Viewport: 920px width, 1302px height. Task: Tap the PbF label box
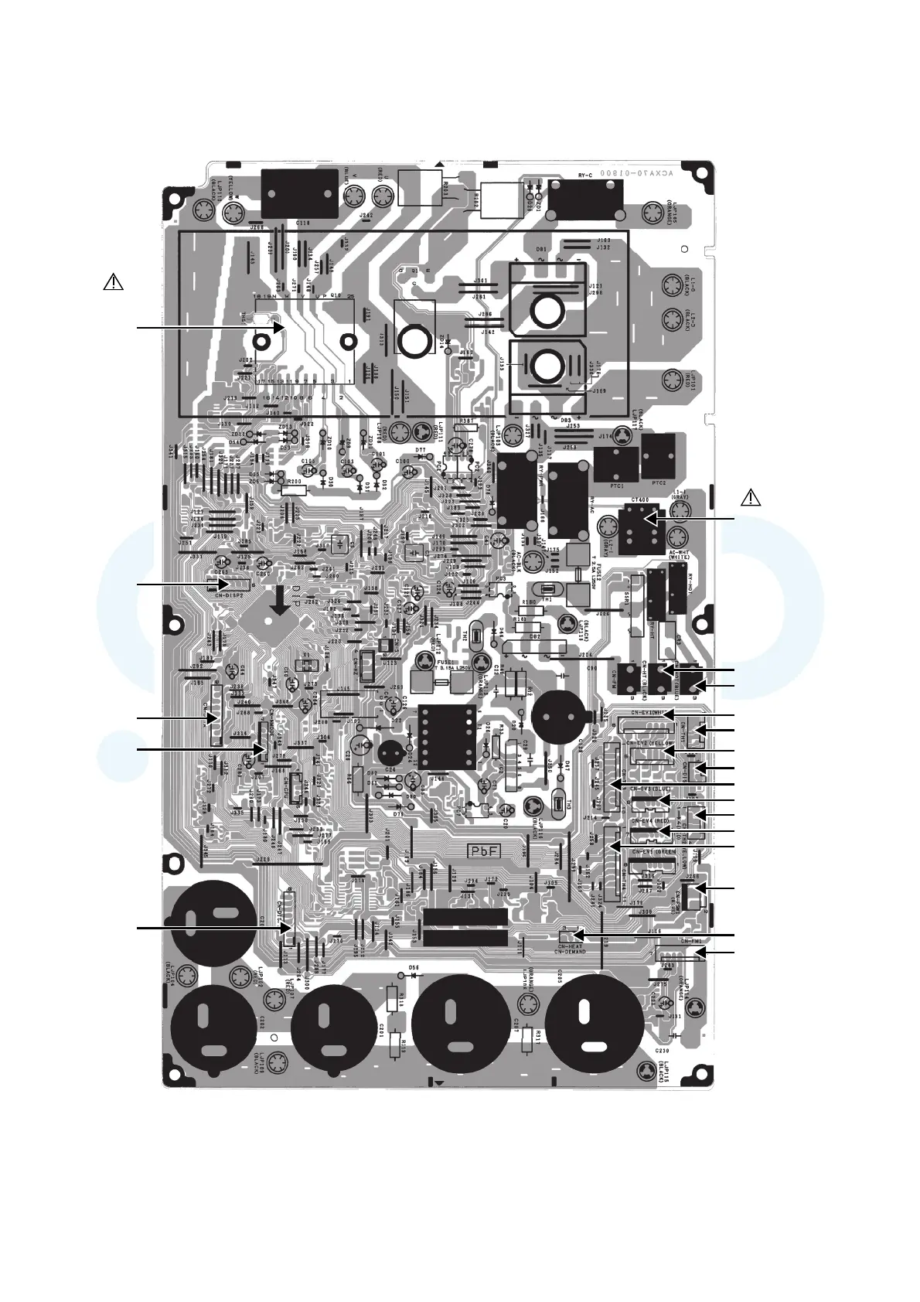click(x=485, y=850)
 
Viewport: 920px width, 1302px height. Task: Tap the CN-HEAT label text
click(x=571, y=946)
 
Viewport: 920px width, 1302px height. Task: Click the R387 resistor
click(x=467, y=423)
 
